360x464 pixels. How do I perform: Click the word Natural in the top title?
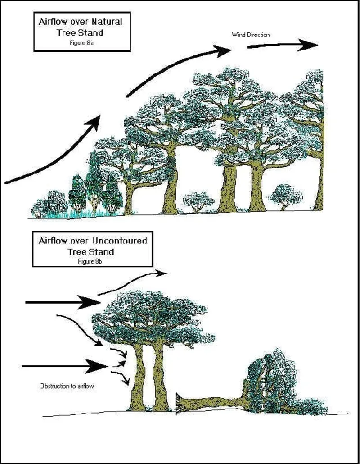(x=107, y=22)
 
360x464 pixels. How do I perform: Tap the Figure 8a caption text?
(x=81, y=43)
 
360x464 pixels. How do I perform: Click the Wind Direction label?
(x=251, y=35)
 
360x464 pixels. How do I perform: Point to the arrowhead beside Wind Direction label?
(x=308, y=45)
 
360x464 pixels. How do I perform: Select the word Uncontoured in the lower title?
(x=119, y=241)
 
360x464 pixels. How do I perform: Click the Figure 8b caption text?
(x=90, y=261)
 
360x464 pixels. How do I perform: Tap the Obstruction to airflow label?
(x=67, y=386)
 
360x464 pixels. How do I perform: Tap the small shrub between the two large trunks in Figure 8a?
(x=198, y=202)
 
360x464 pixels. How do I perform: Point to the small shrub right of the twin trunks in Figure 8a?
(x=285, y=196)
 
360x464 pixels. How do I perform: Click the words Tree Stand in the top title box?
(x=80, y=32)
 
